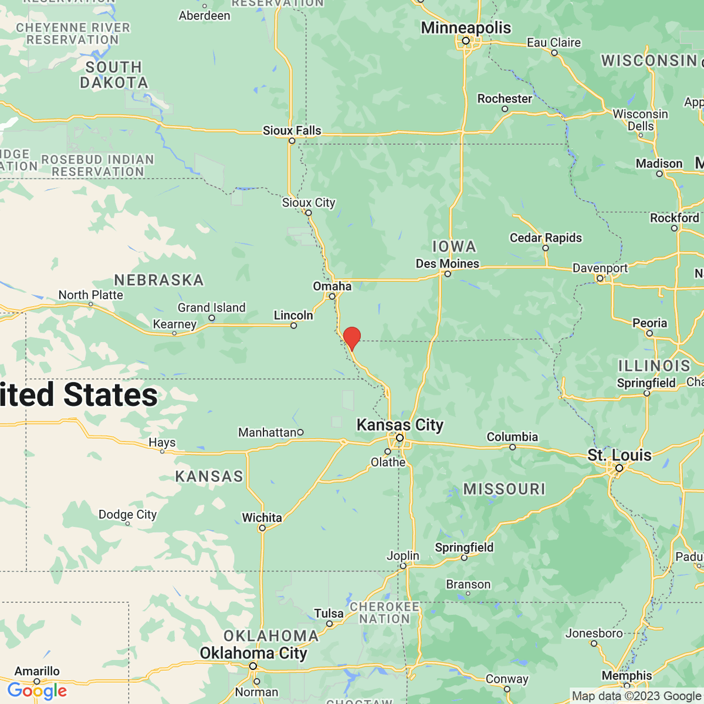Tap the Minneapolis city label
pyautogui.click(x=466, y=28)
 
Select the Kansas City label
pyautogui.click(x=400, y=425)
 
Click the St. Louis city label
pyautogui.click(x=620, y=455)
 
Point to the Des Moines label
pyautogui.click(x=447, y=263)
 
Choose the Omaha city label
pyautogui.click(x=332, y=286)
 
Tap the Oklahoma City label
pyautogui.click(x=253, y=653)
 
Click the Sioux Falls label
pyautogui.click(x=292, y=130)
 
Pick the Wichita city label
pyautogui.click(x=262, y=517)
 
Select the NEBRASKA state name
pyautogui.click(x=159, y=280)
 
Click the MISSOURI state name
pyautogui.click(x=504, y=489)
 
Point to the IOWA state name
pyautogui.click(x=454, y=246)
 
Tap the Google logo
pyautogui.click(x=37, y=691)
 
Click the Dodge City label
pyautogui.click(x=127, y=514)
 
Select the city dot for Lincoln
pyautogui.click(x=294, y=326)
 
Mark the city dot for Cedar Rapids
pyautogui.click(x=546, y=248)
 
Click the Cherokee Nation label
pyautogui.click(x=384, y=612)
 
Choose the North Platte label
pyautogui.click(x=90, y=295)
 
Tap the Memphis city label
pyautogui.click(x=627, y=675)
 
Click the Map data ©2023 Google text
pyautogui.click(x=636, y=696)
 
